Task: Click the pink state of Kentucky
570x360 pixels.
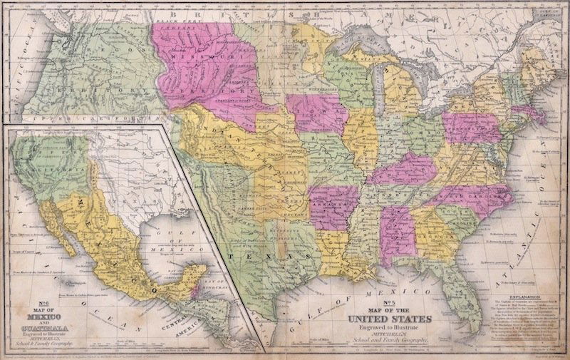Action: click(406, 168)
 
